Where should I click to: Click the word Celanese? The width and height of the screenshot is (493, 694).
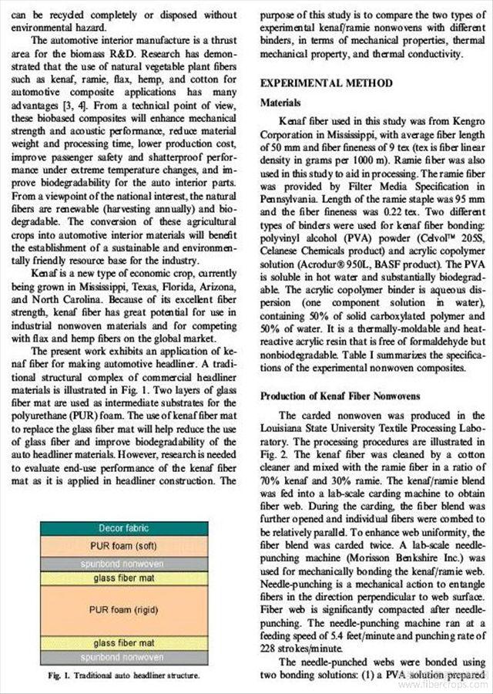(x=284, y=251)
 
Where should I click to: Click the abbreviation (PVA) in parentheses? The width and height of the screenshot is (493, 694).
(x=340, y=239)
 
